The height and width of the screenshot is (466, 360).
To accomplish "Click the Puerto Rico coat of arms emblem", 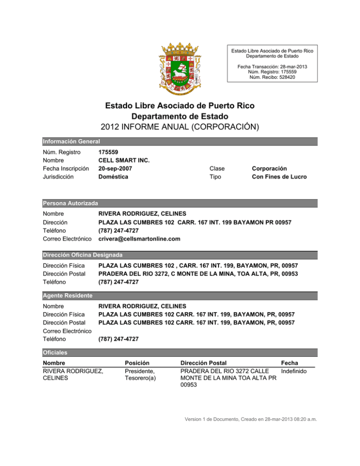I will pyautogui.click(x=180, y=66).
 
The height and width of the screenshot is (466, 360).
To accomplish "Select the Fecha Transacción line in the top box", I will pyautogui.click(x=273, y=67).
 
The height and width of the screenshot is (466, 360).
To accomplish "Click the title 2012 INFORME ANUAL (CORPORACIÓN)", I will pyautogui.click(x=180, y=127).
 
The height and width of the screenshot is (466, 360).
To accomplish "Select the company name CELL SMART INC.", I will pyautogui.click(x=124, y=160).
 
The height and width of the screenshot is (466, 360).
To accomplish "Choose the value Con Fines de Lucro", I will pyautogui.click(x=279, y=177).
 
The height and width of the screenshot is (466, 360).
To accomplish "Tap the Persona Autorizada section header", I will pyautogui.click(x=70, y=203).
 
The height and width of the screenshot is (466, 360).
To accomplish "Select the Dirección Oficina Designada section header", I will pyautogui.click(x=82, y=255).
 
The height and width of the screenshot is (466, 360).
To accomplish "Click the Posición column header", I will pyautogui.click(x=137, y=363).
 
